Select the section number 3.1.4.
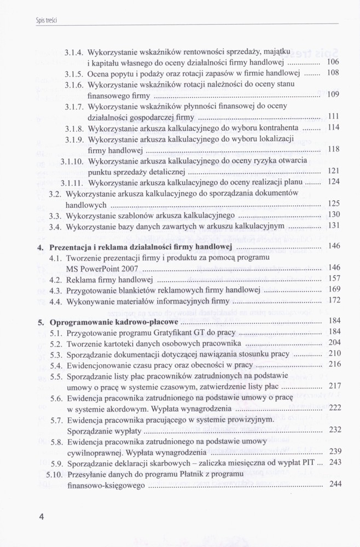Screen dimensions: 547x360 [x=73, y=53]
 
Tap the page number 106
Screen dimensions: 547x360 [x=333, y=62]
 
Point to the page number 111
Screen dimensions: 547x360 [x=334, y=116]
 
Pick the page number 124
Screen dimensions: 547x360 [x=333, y=181]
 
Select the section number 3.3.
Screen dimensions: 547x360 [x=55, y=214]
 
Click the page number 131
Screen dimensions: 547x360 [x=334, y=225]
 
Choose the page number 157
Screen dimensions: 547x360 [x=334, y=278]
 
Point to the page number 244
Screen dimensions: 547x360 [x=334, y=484]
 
